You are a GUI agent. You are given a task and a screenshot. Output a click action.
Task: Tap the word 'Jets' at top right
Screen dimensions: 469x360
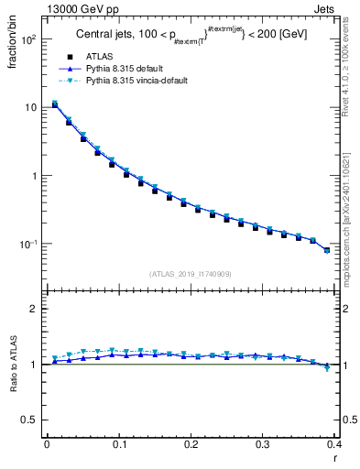pyautogui.click(x=325, y=8)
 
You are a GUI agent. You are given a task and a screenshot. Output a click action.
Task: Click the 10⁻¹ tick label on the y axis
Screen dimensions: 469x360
pyautogui.click(x=27, y=245)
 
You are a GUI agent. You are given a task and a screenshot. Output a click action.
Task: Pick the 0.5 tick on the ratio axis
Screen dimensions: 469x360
pyautogui.click(x=27, y=420)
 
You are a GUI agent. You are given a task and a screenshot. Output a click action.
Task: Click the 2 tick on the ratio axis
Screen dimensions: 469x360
pyautogui.click(x=32, y=309)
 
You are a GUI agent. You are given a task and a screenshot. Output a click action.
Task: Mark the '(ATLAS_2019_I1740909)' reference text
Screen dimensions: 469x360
pyautogui.click(x=191, y=274)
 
